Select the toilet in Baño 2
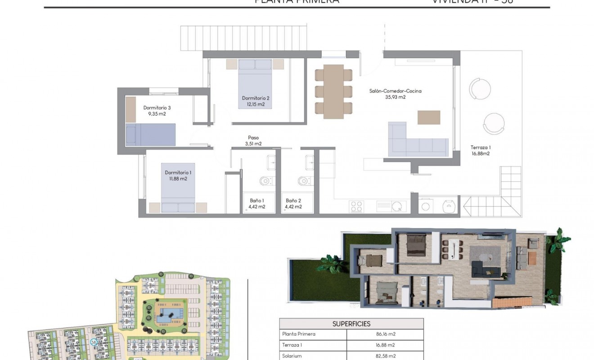(304, 181)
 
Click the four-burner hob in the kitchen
(357, 206)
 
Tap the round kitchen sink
(397, 207)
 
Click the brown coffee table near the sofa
(429, 117)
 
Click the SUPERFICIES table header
(351, 324)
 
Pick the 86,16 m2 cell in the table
(385, 334)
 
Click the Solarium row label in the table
(292, 356)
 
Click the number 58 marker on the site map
(94, 342)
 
